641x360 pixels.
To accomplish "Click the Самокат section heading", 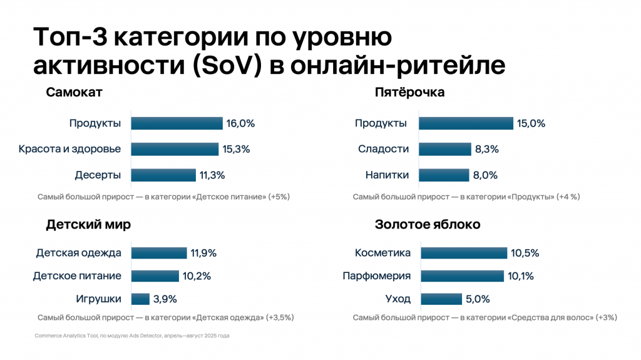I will [74, 93].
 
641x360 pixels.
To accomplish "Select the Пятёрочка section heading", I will [409, 93].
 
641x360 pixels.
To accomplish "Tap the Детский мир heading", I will [88, 225].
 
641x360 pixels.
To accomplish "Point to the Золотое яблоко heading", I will [428, 225].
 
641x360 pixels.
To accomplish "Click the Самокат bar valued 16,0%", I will [177, 123].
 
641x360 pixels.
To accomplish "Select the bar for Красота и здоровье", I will [175, 149].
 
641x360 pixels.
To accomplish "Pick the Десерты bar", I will [163, 175].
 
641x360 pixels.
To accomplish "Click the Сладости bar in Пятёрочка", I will [445, 149].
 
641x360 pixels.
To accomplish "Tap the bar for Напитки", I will [444, 175].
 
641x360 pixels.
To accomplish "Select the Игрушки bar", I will [141, 299].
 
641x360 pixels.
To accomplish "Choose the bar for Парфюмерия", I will [462, 276].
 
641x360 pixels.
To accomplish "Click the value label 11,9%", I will [203, 254].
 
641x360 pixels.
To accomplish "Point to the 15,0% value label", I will [531, 123].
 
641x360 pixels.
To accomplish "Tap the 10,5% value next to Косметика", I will [525, 254].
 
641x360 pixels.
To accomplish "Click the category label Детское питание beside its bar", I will [77, 276].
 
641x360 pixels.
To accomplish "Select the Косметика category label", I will [382, 254].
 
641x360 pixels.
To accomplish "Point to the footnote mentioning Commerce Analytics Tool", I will [132, 336].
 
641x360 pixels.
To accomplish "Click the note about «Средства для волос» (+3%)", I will [485, 317].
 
